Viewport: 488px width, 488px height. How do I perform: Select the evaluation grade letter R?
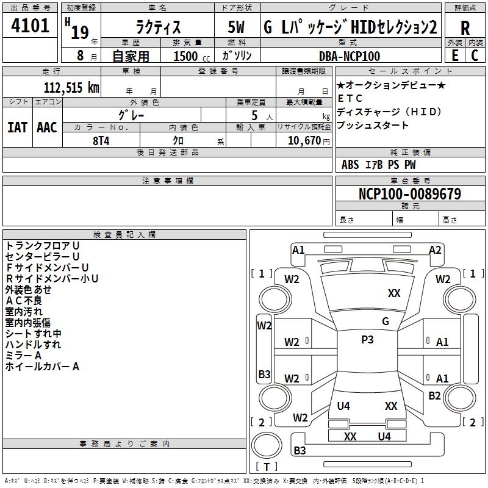[x=465, y=28]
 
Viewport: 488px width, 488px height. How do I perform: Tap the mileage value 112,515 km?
[x=71, y=88]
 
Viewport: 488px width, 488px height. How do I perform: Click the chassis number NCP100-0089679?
[x=410, y=194]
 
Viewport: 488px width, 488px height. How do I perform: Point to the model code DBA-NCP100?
[x=350, y=56]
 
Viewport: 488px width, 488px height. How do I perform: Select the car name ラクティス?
[x=157, y=28]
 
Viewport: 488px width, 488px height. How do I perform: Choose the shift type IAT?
[x=17, y=127]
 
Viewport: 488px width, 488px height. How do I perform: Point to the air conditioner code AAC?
[x=47, y=127]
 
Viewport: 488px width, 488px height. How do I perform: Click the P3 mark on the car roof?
[x=367, y=340]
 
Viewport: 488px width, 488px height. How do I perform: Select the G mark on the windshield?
[x=385, y=321]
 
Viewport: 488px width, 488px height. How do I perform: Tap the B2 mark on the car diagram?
[x=434, y=396]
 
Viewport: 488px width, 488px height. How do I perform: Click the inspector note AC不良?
[x=24, y=300]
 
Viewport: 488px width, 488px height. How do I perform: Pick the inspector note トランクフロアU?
[x=43, y=245]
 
